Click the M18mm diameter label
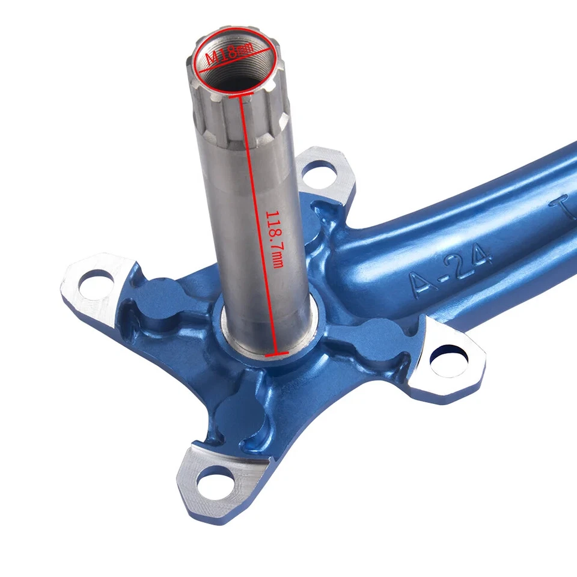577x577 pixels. tap(230, 58)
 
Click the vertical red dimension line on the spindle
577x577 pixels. tap(258, 228)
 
